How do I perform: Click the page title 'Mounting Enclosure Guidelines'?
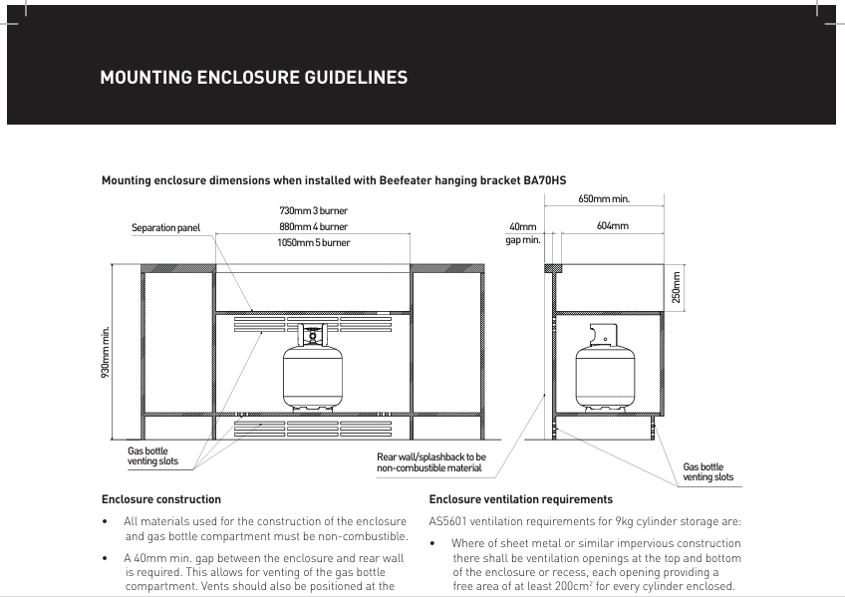coord(253,78)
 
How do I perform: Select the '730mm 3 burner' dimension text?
coord(313,211)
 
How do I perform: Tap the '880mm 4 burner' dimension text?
coord(313,227)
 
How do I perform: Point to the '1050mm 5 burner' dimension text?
coord(313,242)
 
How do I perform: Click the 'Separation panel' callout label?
coord(165,228)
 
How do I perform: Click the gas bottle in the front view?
coord(313,374)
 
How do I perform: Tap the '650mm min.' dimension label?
coord(604,199)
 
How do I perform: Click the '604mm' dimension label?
coord(612,226)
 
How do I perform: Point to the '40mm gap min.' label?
coord(522,233)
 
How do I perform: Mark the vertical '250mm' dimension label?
coord(676,288)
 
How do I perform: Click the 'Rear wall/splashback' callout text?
coord(430,462)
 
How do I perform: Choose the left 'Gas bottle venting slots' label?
coord(152,456)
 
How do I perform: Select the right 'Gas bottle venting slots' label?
coord(707,472)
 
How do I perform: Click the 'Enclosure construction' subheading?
coord(161,499)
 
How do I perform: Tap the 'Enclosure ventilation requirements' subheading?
coord(520,499)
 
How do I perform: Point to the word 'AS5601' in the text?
coord(449,521)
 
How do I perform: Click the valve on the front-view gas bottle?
coord(313,335)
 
